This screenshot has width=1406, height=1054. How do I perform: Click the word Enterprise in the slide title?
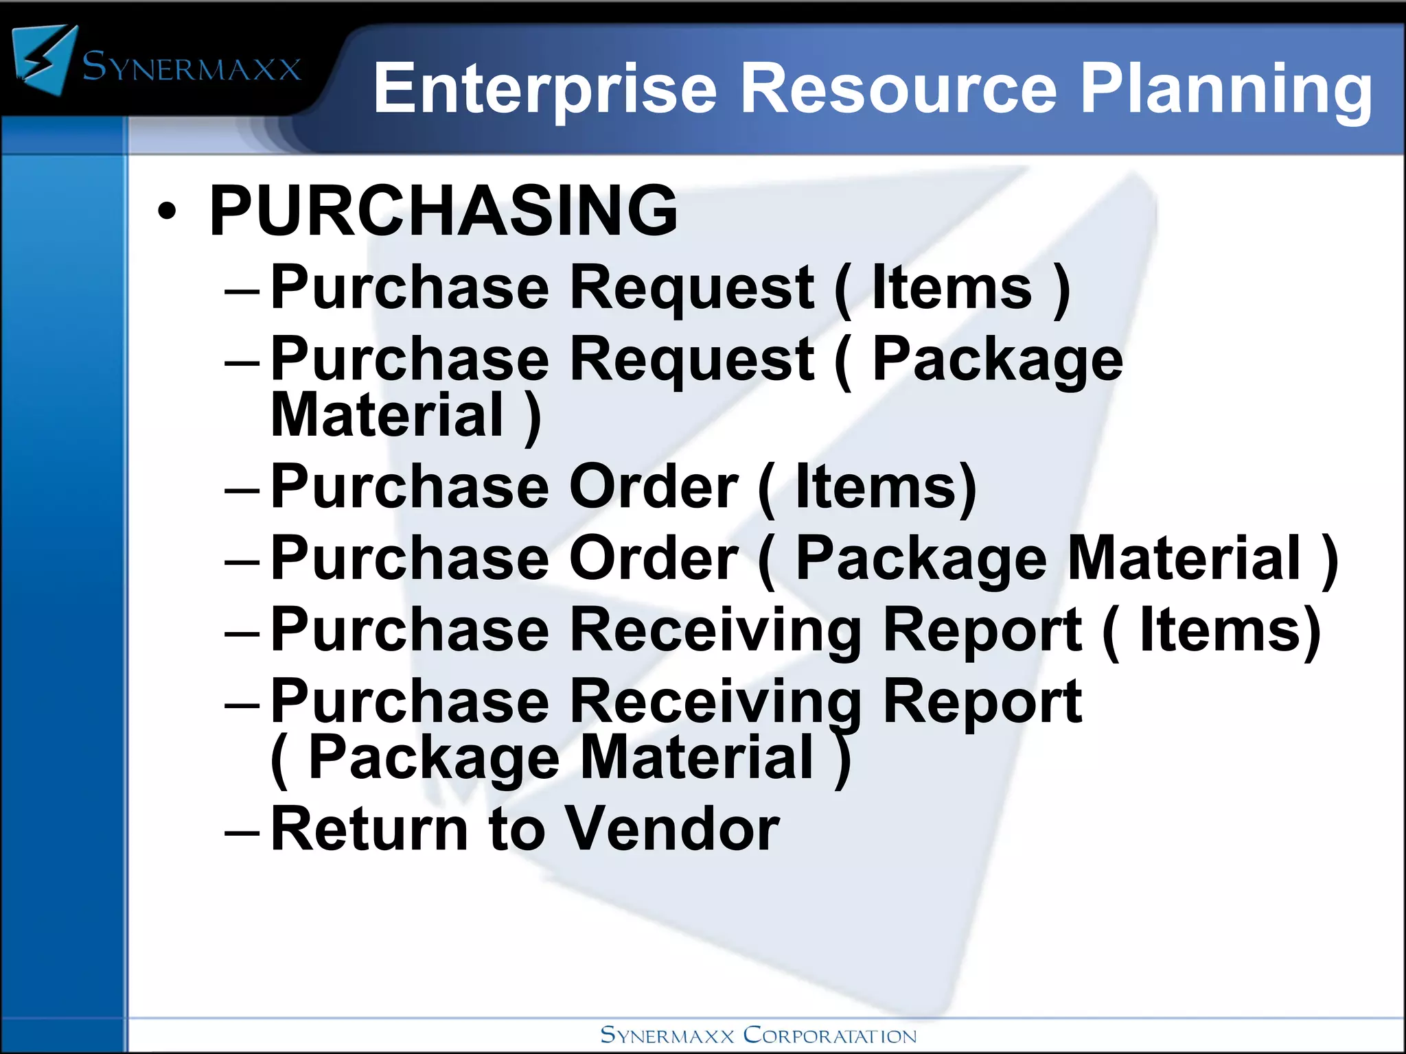click(545, 89)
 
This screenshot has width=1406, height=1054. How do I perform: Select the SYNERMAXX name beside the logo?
click(192, 68)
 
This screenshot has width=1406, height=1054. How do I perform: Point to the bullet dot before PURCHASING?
click(167, 212)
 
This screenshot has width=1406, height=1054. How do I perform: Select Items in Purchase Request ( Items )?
click(952, 288)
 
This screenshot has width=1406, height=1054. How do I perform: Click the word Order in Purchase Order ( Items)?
click(654, 487)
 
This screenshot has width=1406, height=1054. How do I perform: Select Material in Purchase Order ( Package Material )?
click(1184, 559)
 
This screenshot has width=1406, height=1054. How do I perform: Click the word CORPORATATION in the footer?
click(830, 1035)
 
